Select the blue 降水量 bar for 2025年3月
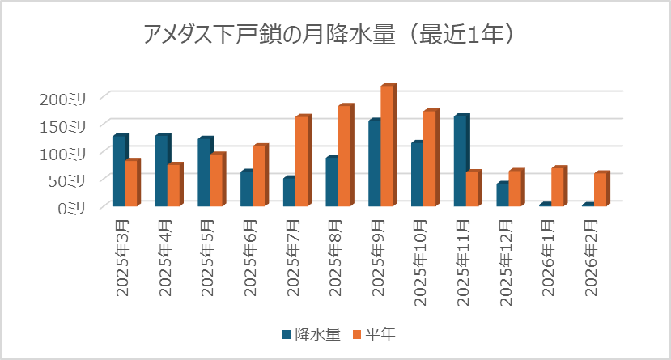[119, 171]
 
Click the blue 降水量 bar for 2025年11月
[461, 161]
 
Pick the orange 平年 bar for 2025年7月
[301, 161]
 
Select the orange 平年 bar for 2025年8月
[344, 156]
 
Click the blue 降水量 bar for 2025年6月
[246, 188]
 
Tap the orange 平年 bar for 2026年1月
[557, 187]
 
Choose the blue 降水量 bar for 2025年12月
[502, 194]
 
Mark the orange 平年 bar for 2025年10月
[429, 159]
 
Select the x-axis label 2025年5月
[206, 253]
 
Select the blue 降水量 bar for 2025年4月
[161, 171]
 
